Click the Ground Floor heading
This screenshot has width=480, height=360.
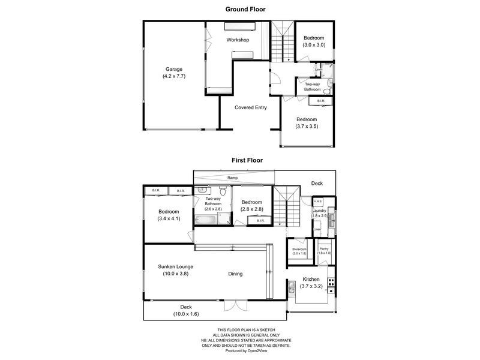click(x=245, y=9)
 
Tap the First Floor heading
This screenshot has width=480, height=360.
click(x=247, y=160)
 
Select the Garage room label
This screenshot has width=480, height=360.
click(x=174, y=73)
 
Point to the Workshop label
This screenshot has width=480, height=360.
click(x=238, y=40)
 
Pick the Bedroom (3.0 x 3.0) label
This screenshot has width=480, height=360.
click(x=313, y=41)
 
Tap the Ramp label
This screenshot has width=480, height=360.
click(x=232, y=178)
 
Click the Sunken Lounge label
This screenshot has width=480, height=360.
click(x=176, y=270)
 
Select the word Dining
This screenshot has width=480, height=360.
click(x=235, y=274)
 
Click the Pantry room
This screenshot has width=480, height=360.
click(x=325, y=251)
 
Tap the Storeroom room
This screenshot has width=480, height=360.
click(x=299, y=251)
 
